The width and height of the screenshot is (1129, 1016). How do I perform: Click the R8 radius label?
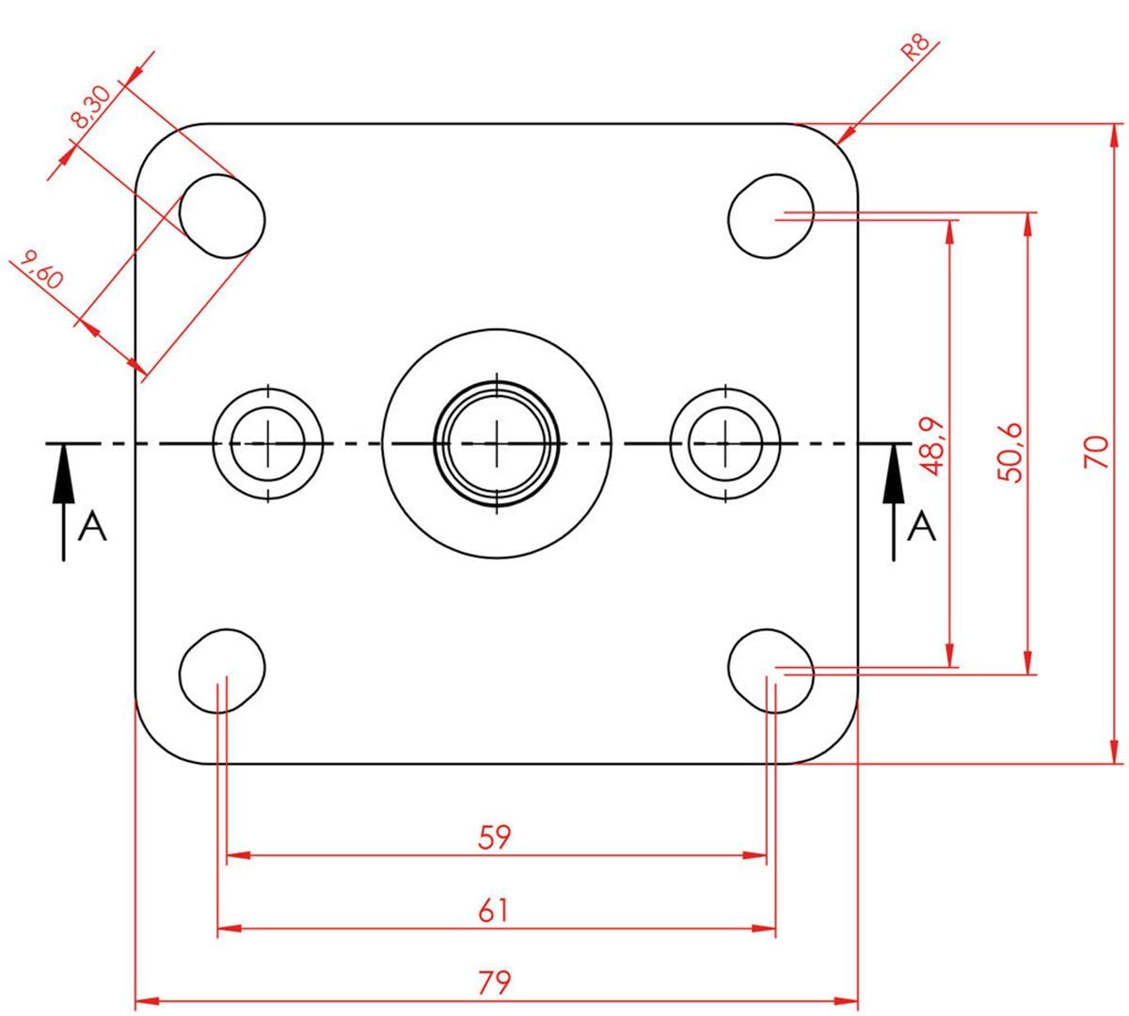tap(915, 48)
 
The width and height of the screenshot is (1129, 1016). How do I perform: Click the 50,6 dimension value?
tap(1011, 452)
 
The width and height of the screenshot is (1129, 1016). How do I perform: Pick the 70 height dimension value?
tap(1094, 452)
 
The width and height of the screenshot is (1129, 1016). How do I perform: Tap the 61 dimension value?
tap(494, 911)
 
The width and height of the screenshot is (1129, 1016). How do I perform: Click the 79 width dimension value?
tap(494, 983)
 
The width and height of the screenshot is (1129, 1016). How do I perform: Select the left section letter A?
tap(92, 528)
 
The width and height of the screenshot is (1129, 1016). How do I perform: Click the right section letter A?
tap(922, 528)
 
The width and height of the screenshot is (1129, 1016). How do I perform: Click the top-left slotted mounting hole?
tap(222, 215)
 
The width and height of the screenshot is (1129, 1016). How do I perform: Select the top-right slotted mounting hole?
tap(771, 215)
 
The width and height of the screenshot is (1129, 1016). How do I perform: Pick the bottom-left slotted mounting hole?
tap(222, 670)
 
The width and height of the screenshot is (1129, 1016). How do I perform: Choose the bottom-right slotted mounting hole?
tap(771, 670)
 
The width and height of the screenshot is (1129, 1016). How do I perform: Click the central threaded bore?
tap(497, 442)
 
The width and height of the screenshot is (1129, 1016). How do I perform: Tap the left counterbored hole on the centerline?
tap(268, 442)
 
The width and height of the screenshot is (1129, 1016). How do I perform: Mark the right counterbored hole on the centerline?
tap(725, 442)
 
